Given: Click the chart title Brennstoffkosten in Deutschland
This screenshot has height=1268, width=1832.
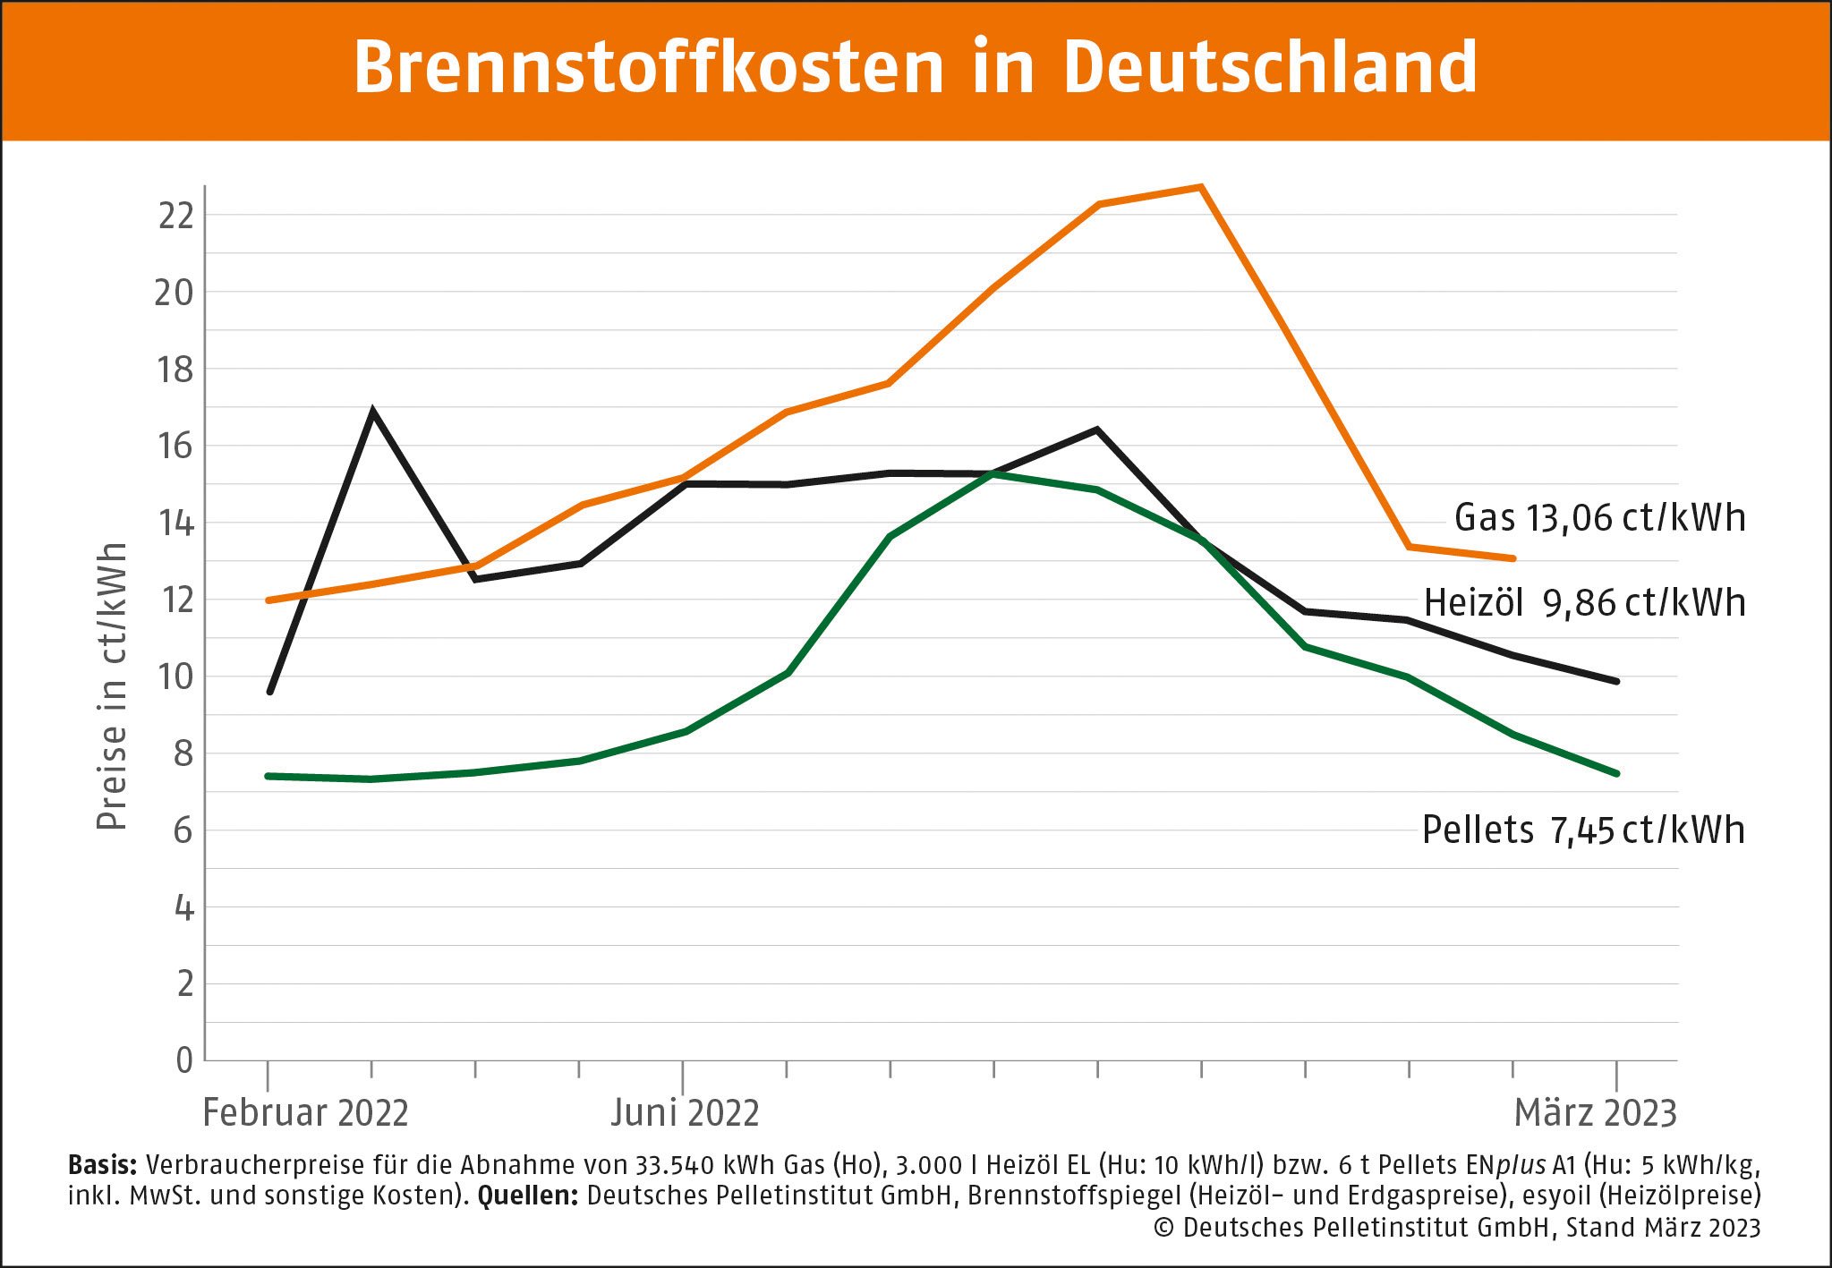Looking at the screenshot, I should pos(915,68).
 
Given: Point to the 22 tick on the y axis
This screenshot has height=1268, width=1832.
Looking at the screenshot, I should pos(176,216).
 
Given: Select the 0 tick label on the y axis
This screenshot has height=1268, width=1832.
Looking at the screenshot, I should pos(184,1060).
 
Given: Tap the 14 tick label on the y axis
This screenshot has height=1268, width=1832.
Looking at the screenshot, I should pos(176,523).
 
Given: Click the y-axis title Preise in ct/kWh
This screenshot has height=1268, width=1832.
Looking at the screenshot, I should pos(113,686).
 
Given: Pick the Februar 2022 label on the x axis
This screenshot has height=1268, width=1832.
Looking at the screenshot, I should pos(305,1113).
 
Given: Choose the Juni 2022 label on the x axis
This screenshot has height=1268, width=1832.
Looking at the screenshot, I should pos(685,1113).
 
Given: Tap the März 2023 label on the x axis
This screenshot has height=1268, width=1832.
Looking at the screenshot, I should pos(1595,1113).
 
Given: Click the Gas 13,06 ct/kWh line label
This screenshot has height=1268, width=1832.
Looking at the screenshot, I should pos(1599,518).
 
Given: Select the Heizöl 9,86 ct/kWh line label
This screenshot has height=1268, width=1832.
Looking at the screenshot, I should pos(1584,603).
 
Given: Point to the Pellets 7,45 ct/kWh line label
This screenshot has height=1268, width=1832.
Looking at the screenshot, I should pos(1583,830).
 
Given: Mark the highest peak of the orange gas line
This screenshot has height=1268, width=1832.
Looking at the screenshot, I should pos(1201,187).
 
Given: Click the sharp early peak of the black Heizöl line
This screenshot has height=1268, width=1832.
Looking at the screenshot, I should pos(372,412).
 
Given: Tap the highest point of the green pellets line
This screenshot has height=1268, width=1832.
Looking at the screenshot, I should pos(993,473).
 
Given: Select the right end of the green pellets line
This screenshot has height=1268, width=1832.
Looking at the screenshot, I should pos(1616,773).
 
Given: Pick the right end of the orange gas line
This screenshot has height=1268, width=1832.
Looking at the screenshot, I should pos(1512,558).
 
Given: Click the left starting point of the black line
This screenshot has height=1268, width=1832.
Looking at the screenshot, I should pos(269,692).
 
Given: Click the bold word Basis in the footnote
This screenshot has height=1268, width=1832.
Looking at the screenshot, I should pos(102,1165).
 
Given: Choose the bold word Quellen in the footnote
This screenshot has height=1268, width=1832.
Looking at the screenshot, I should pos(528,1196).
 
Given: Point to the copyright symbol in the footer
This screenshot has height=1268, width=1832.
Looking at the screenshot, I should pos(1163,1228).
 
